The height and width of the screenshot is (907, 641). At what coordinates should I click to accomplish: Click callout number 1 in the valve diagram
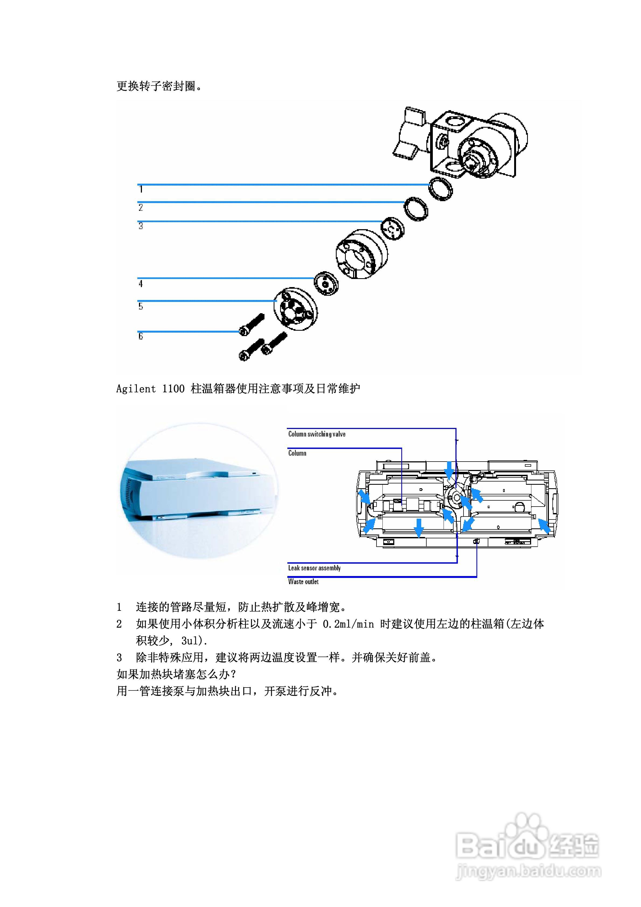point(141,190)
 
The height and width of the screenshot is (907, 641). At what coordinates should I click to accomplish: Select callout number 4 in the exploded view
point(140,284)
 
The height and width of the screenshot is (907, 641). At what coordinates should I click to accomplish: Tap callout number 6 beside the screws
point(140,336)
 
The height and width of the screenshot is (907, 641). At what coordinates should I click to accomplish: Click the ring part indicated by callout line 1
point(441,189)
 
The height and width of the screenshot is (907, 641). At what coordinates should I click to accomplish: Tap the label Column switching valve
point(316,434)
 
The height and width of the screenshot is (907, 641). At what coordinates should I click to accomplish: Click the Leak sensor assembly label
point(314,568)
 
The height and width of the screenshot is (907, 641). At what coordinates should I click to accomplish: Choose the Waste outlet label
point(303,581)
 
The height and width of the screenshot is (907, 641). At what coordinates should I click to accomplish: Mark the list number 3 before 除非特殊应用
point(119,657)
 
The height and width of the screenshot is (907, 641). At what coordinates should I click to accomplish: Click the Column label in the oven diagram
point(297,453)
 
